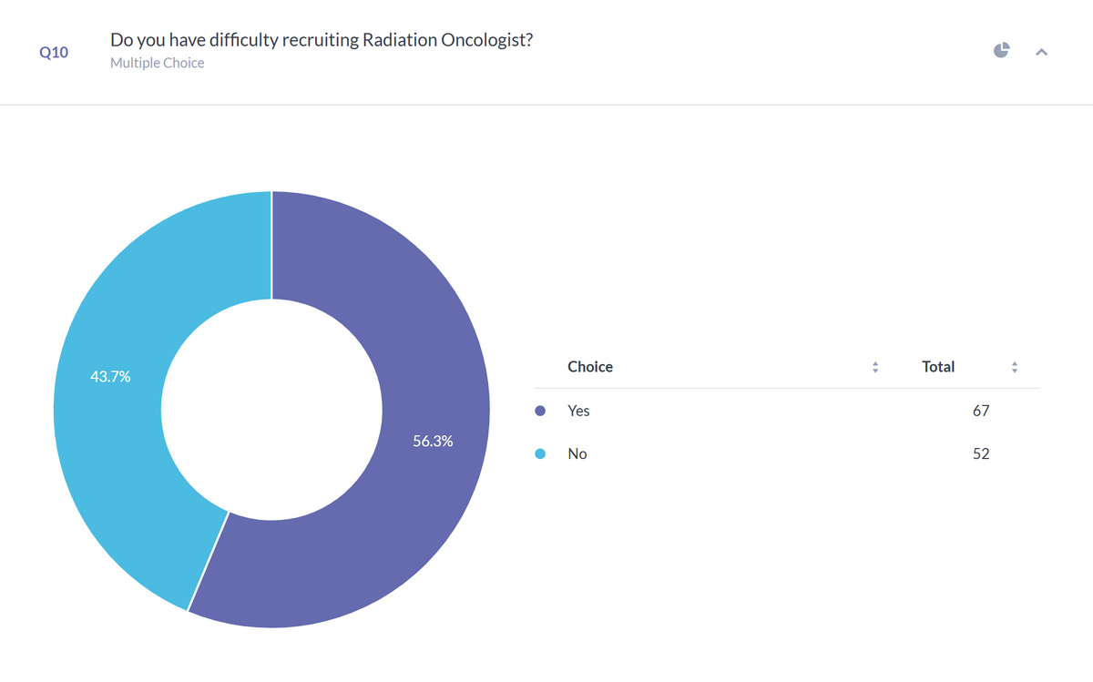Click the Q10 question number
tap(54, 52)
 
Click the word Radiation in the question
tap(399, 40)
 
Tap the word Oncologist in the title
tap(487, 40)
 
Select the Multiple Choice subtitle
tap(157, 63)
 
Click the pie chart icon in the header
tap(1001, 50)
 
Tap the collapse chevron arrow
tap(1042, 52)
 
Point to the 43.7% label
tap(110, 377)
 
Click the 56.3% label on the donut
tap(433, 441)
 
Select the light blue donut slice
tap(117, 391)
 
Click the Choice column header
tap(590, 367)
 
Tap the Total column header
tap(938, 367)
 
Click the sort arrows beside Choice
tap(875, 367)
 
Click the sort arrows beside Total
tap(1015, 367)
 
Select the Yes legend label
tap(578, 411)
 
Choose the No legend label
tap(577, 453)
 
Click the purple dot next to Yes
tap(540, 411)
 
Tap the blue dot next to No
tap(540, 453)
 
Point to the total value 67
tap(981, 411)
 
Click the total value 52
tap(981, 453)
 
